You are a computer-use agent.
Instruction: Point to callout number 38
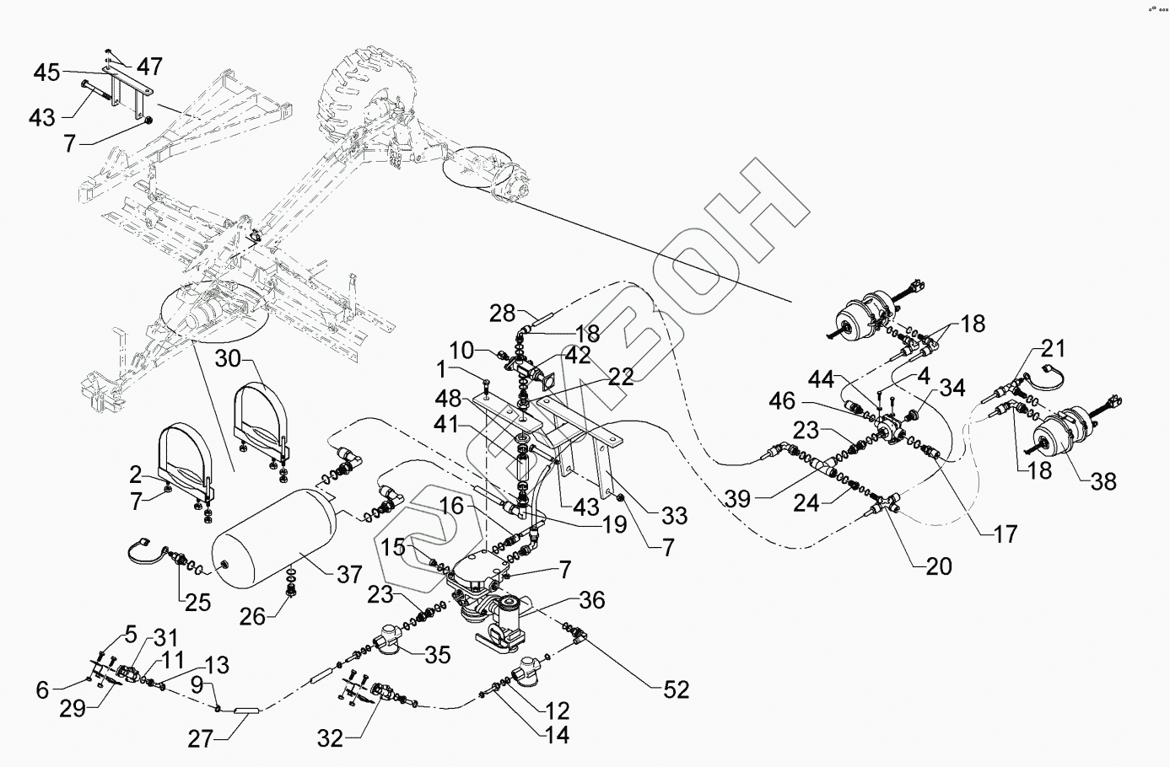click(x=1103, y=481)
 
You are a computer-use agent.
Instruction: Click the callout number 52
click(x=676, y=690)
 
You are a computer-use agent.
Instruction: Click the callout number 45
click(x=47, y=73)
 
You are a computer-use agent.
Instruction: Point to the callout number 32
click(x=331, y=739)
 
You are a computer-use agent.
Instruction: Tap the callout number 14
click(x=556, y=735)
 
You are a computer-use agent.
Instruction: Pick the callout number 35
click(x=438, y=655)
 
